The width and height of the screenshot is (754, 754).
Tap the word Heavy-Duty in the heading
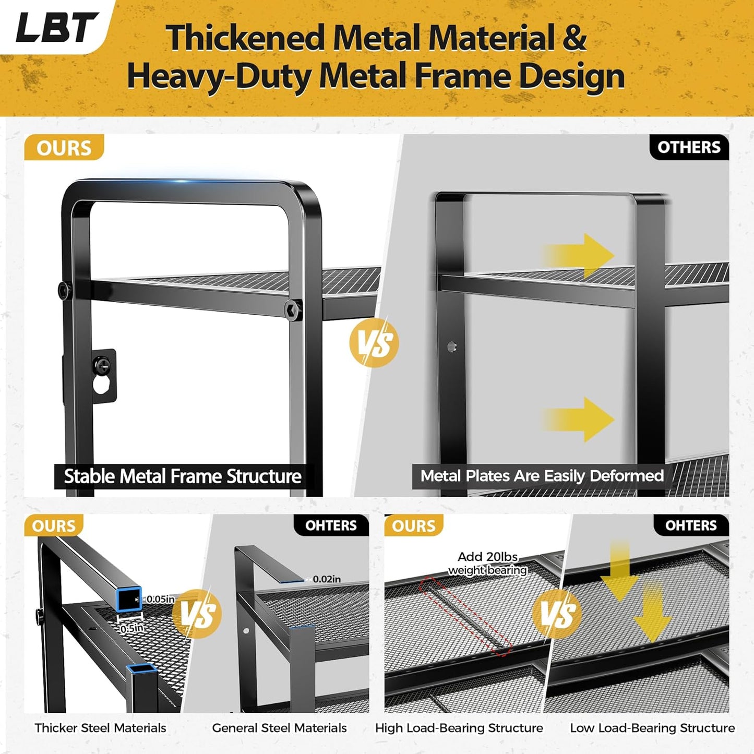tap(219, 77)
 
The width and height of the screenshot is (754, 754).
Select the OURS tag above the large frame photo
tap(64, 148)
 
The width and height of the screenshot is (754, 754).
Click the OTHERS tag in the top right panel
tap(689, 148)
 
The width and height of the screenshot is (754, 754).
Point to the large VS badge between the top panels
tap(374, 343)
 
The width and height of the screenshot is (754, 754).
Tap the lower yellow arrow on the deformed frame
tap(579, 419)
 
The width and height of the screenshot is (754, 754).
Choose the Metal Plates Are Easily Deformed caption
tap(542, 476)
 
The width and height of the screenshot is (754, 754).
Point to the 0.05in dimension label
tap(160, 599)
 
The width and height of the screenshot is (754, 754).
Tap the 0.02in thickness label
tap(327, 579)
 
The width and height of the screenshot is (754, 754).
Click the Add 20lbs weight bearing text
tap(487, 564)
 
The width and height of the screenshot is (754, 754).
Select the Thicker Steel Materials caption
tap(100, 728)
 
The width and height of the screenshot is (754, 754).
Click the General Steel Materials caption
tap(279, 728)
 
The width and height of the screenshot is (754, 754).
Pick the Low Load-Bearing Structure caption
tap(652, 728)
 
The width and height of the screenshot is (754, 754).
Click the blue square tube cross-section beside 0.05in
tap(128, 599)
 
